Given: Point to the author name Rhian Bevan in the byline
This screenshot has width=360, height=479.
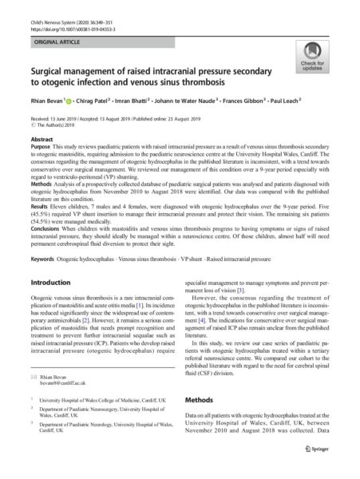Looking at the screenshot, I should (45, 104).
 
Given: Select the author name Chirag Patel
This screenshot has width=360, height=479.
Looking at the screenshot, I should (87, 104).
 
